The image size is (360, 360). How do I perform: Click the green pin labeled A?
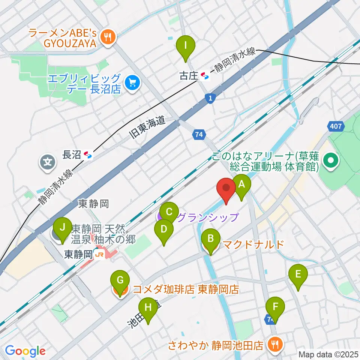241,184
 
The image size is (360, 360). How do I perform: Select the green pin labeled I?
186,46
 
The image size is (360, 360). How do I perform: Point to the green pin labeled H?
148,308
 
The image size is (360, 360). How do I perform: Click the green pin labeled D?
163,229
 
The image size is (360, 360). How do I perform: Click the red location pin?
226,188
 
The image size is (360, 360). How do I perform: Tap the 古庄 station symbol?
205,76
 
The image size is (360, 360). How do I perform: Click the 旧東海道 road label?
148,128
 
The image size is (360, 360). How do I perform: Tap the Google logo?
25,351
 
